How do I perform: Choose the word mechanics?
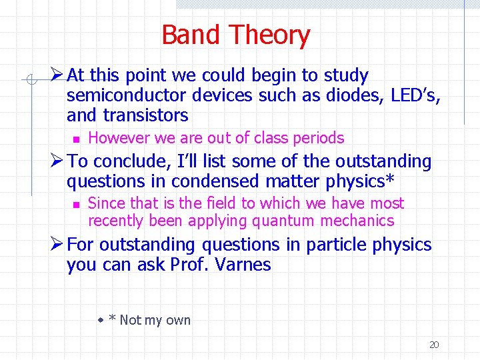(x=358, y=221)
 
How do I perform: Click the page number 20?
(x=434, y=345)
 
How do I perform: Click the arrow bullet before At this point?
(x=57, y=75)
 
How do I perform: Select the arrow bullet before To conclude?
(x=57, y=161)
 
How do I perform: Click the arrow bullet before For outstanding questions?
(x=57, y=245)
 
